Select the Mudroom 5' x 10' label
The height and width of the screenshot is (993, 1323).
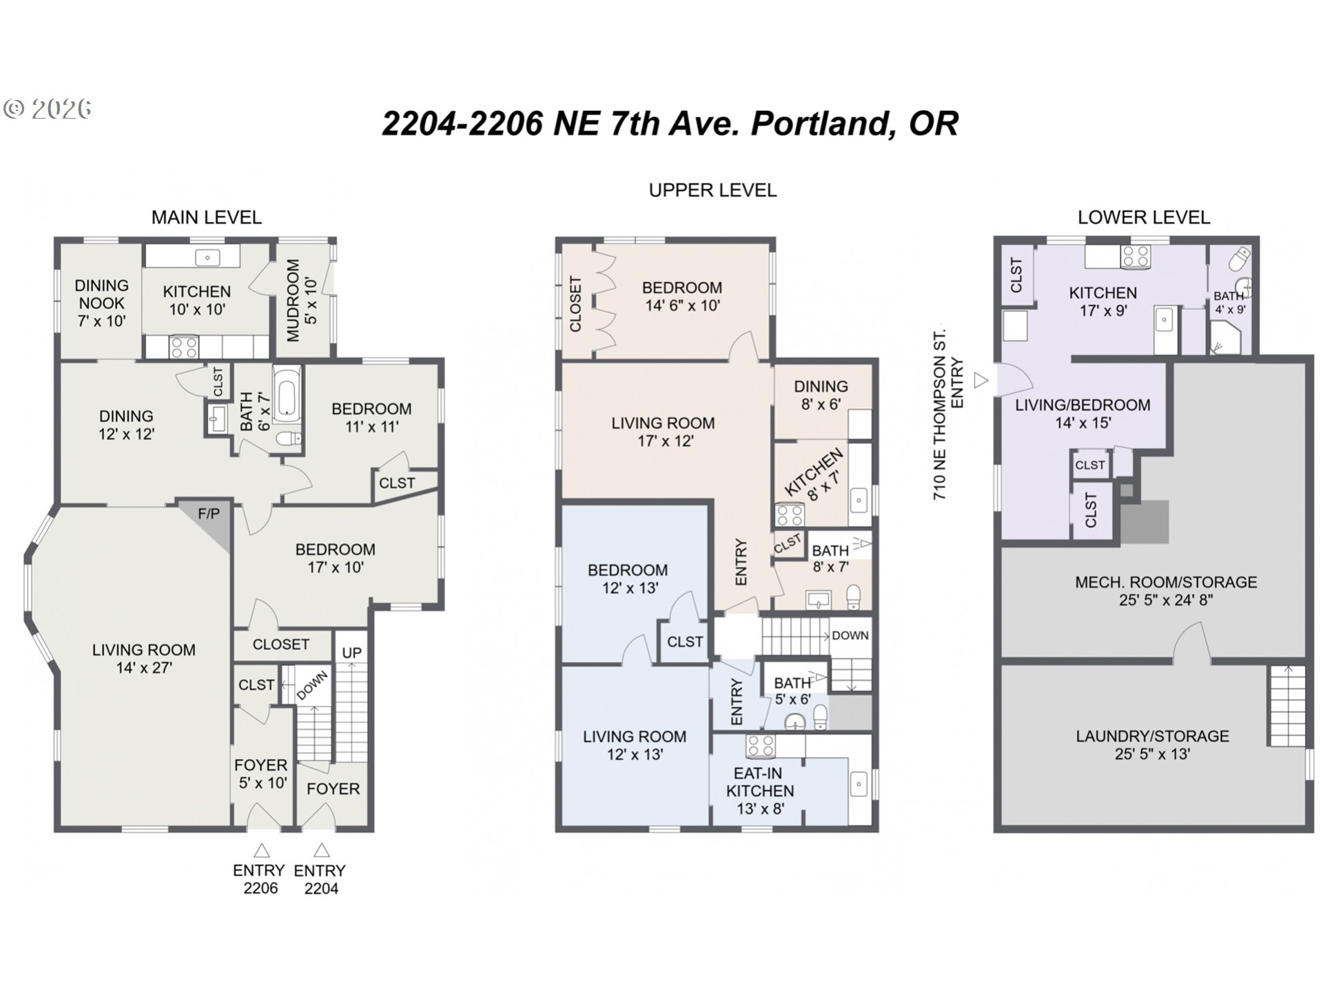pos(302,300)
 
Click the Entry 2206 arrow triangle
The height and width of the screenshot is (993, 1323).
pos(261,850)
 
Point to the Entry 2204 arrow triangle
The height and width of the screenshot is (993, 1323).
pos(321,850)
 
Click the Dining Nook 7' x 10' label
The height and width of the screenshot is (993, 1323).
pos(101,303)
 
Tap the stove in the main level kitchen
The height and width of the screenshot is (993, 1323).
pos(184,347)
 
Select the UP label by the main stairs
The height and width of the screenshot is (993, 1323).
pos(351,652)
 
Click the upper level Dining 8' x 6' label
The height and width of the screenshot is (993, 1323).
pos(820,395)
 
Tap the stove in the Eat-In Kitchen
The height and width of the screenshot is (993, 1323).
pos(761,745)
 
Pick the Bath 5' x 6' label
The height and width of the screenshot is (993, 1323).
pos(792,690)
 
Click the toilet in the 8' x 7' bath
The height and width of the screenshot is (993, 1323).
pos(853,597)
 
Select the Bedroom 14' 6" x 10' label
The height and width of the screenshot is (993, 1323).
pos(681,297)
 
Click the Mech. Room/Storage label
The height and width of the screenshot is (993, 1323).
pos(1165,591)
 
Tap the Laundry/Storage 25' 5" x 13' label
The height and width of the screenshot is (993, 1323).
pos(1152,745)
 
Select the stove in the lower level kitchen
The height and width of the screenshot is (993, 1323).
pos(1135,257)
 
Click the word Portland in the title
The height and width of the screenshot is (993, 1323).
pos(823,123)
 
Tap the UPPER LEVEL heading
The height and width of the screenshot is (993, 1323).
pos(712,190)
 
